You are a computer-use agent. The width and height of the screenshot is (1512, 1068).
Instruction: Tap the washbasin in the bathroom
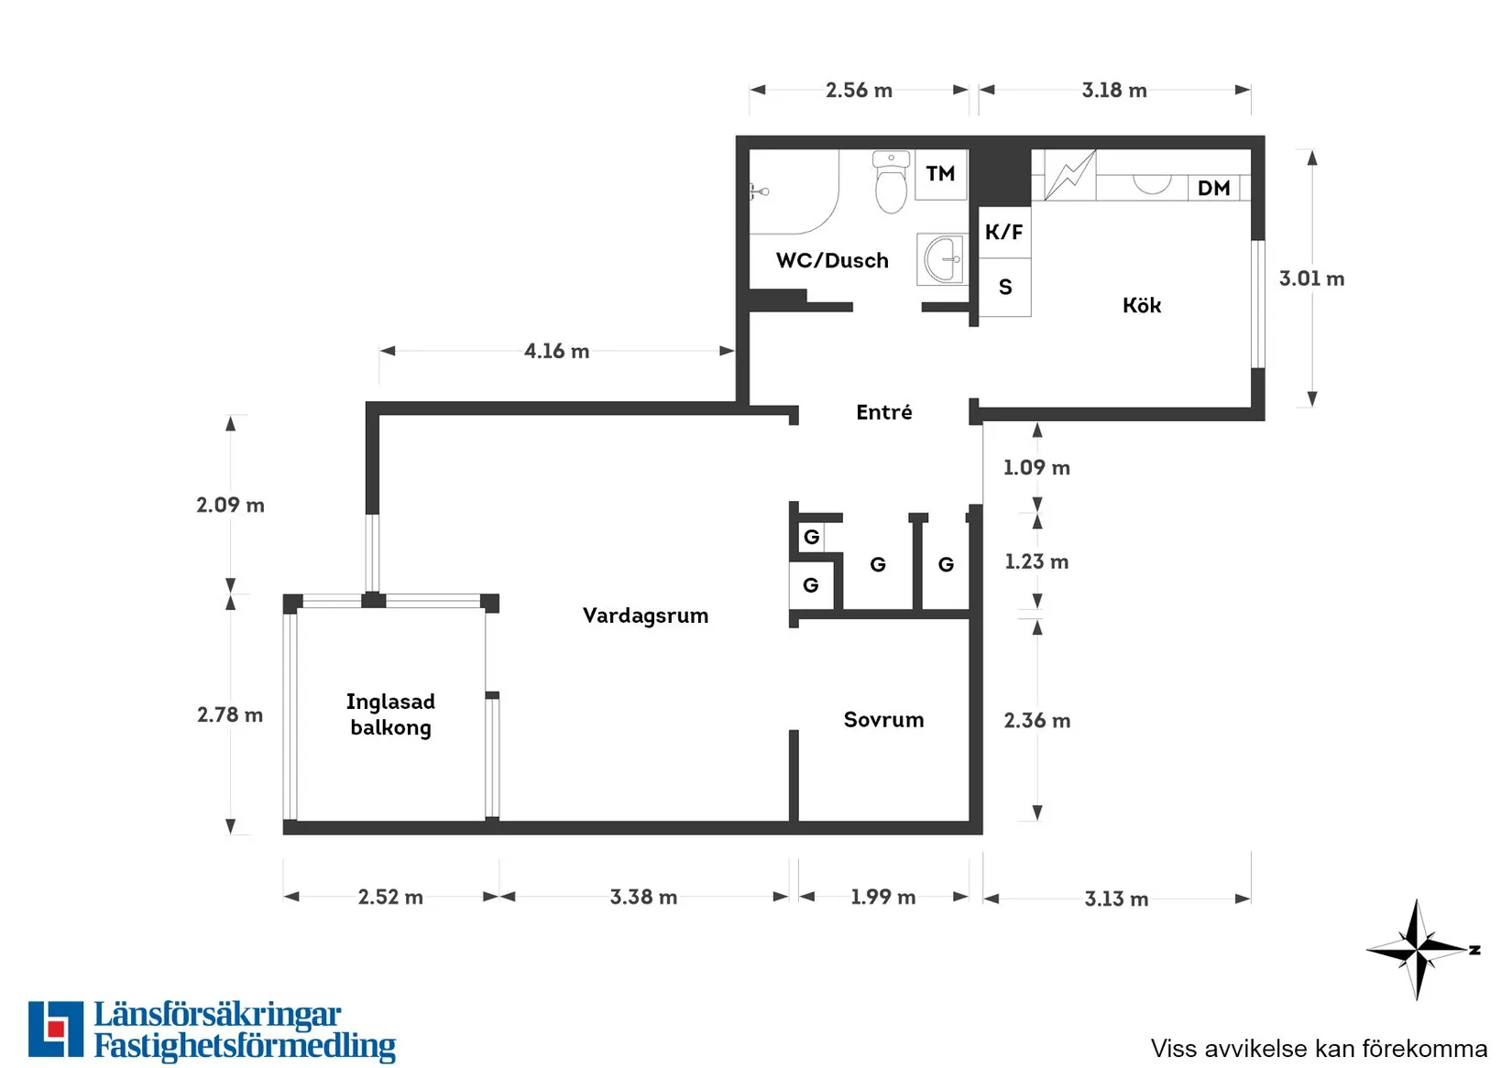point(943,259)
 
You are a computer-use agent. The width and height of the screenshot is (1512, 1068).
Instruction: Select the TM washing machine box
point(941,174)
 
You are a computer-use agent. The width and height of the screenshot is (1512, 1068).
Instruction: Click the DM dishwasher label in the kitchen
point(1213,189)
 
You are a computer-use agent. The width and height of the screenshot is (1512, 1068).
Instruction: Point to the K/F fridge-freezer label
point(1003,232)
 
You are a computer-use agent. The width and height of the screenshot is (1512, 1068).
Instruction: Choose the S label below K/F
point(1005,288)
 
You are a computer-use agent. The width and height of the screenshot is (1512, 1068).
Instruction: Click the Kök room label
point(1142,305)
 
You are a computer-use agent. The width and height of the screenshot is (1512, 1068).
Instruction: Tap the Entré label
point(884,411)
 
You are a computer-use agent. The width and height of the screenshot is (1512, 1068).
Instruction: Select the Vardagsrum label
point(645,616)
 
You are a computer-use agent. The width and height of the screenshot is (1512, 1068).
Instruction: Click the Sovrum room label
point(883,720)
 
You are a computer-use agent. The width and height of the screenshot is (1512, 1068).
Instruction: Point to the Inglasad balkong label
point(390,714)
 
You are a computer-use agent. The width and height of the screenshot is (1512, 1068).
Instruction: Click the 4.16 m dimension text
point(557,351)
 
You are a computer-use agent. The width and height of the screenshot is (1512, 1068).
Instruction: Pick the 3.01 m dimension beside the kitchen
point(1311,278)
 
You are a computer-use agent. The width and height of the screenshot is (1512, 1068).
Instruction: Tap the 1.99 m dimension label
point(882,897)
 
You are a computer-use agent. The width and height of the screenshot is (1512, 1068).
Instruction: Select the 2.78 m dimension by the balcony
point(230,714)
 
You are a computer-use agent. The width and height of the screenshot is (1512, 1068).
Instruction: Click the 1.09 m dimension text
point(1036,467)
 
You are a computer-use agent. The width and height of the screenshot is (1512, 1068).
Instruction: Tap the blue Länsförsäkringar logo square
point(56,1029)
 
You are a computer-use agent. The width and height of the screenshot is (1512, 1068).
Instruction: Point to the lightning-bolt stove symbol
point(1070,176)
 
